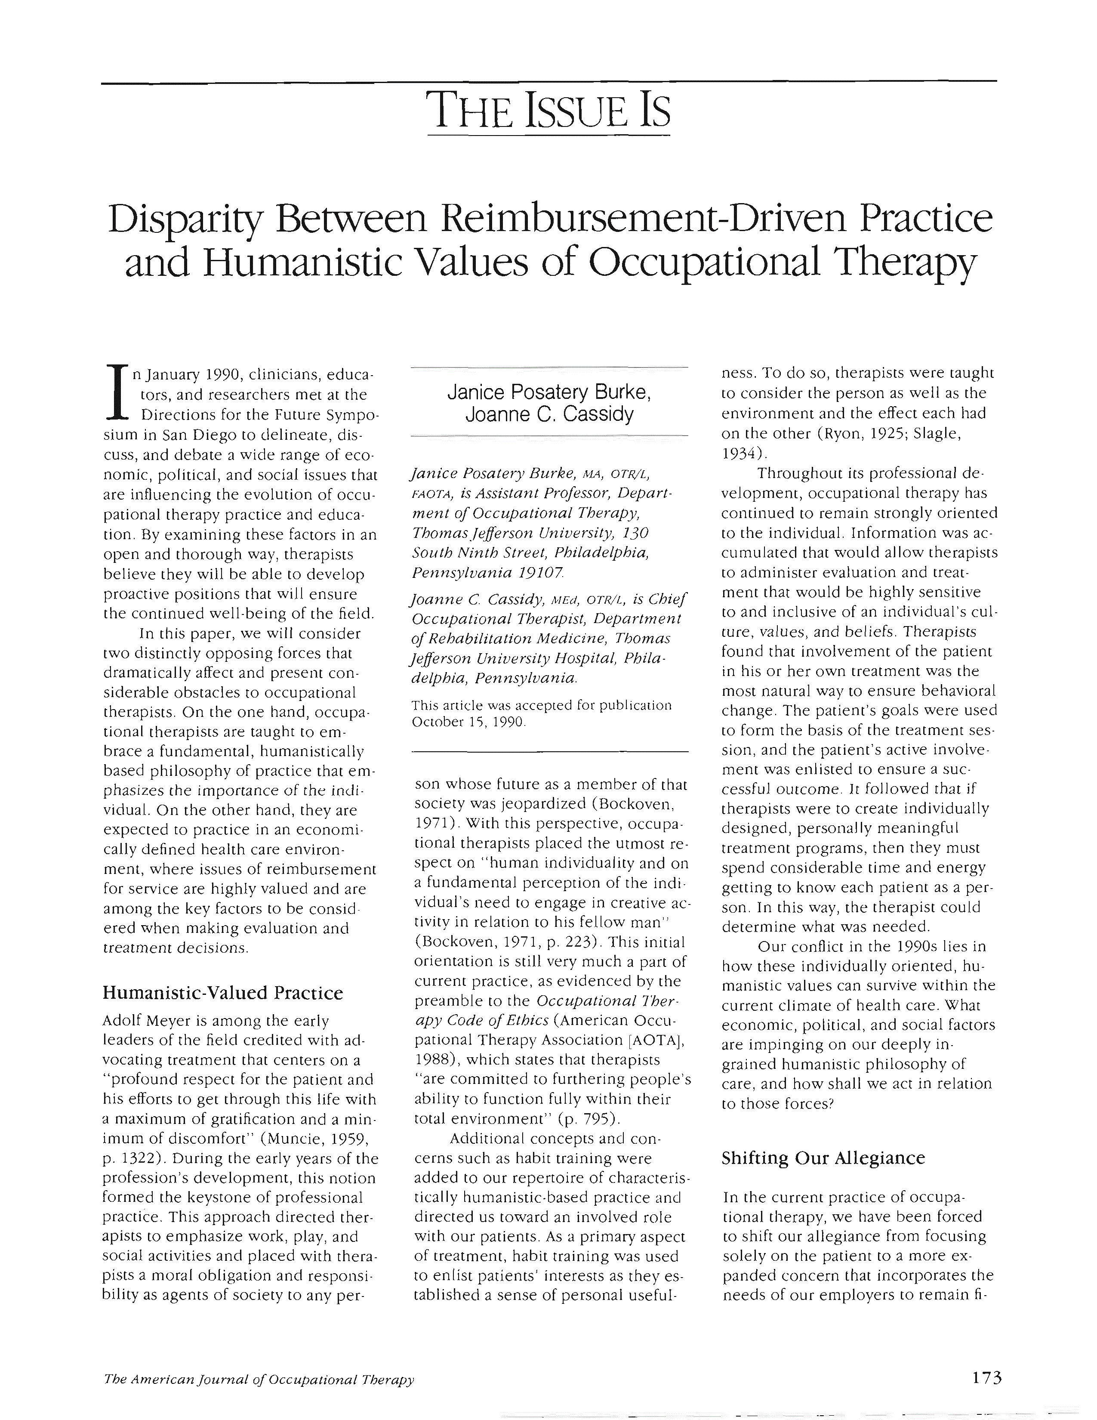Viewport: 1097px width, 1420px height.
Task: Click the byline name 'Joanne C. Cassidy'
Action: (x=549, y=414)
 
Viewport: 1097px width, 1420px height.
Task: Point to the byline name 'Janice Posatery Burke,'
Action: (x=549, y=393)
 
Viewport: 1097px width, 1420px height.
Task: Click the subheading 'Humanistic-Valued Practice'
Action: (x=223, y=993)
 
